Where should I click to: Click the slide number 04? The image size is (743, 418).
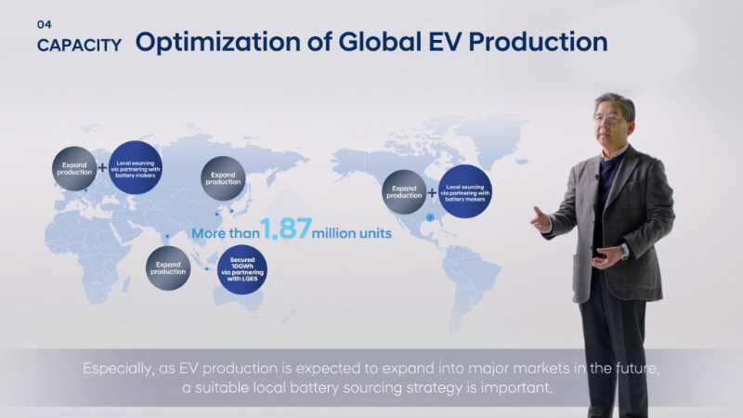tap(43, 25)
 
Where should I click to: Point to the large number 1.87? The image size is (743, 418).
tap(284, 230)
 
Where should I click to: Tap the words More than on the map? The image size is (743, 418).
tap(224, 234)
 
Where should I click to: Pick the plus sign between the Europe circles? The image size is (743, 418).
tap(102, 169)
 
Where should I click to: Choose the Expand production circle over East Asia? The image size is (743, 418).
tap(224, 178)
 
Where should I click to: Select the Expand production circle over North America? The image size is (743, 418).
tap(404, 191)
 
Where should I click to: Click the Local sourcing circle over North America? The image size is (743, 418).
tap(463, 191)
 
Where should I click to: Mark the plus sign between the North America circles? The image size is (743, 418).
tap(433, 193)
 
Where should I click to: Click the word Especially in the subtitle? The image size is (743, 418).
tap(117, 369)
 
